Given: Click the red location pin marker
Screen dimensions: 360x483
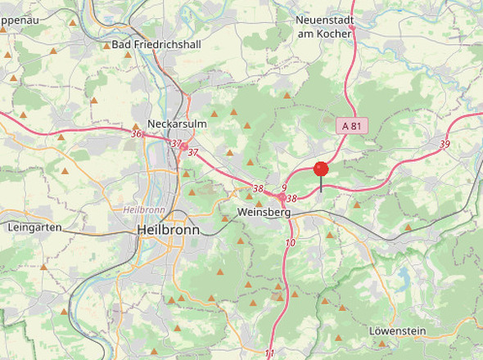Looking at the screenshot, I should pyautogui.click(x=321, y=169).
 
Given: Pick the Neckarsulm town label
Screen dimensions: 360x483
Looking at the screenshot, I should pyautogui.click(x=178, y=113).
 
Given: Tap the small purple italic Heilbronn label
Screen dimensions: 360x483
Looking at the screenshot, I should pyautogui.click(x=144, y=209).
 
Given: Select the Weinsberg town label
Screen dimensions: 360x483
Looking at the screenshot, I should pyautogui.click(x=263, y=212).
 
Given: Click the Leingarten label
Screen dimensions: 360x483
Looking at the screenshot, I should pyautogui.click(x=34, y=227).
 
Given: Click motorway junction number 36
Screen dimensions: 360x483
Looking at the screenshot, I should pyautogui.click(x=136, y=133).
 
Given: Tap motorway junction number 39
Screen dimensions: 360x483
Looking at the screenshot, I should pyautogui.click(x=445, y=144).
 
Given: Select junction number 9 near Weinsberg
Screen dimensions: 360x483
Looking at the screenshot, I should pyautogui.click(x=283, y=187).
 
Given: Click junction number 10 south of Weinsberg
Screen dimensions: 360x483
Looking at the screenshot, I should pyautogui.click(x=290, y=243).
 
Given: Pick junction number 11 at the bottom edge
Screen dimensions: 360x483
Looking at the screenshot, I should pyautogui.click(x=270, y=353).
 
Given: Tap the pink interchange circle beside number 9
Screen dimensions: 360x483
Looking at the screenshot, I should pyautogui.click(x=281, y=197).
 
